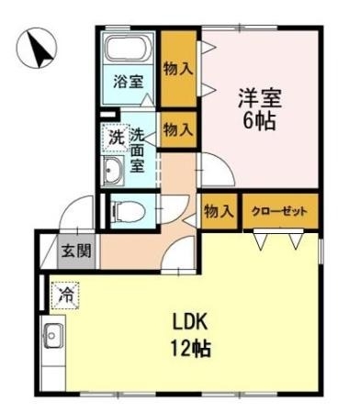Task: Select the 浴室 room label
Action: click(128, 82)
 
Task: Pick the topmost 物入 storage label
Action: click(177, 67)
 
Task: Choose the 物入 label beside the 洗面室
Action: click(177, 129)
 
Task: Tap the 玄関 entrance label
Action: click(75, 250)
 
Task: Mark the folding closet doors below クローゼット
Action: click(279, 240)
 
